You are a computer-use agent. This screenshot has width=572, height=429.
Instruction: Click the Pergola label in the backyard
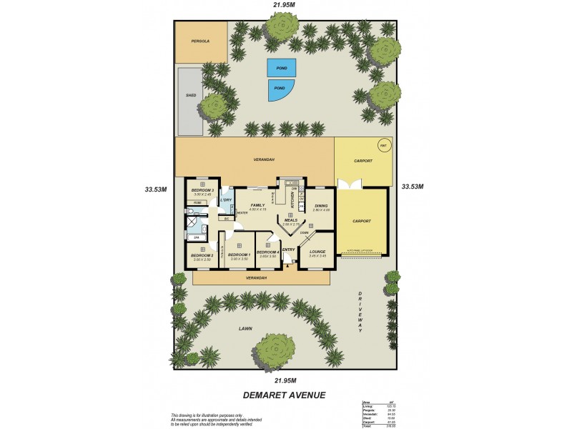click(x=200, y=41)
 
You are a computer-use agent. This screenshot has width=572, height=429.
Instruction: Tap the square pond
click(x=281, y=68)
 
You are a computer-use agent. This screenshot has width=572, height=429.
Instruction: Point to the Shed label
click(x=191, y=95)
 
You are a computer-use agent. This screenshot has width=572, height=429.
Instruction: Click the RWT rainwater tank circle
click(x=383, y=146)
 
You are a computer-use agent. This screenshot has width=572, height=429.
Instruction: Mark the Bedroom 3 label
click(x=202, y=190)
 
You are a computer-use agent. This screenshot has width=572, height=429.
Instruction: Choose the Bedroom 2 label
click(x=202, y=255)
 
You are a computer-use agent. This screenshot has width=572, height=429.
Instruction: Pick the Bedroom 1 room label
click(x=240, y=255)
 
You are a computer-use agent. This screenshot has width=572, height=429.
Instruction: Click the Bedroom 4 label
click(x=267, y=252)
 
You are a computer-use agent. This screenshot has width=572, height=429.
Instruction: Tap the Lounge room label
click(x=317, y=252)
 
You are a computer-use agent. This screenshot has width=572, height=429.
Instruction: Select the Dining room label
click(x=321, y=205)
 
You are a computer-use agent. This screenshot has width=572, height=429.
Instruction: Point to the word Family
click(x=257, y=204)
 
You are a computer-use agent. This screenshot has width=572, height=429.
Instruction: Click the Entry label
click(x=289, y=250)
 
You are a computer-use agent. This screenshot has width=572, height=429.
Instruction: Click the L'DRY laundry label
click(x=225, y=199)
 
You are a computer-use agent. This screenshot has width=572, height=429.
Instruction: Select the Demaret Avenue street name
click(x=285, y=394)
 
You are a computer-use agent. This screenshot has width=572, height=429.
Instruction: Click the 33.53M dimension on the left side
click(x=155, y=189)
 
